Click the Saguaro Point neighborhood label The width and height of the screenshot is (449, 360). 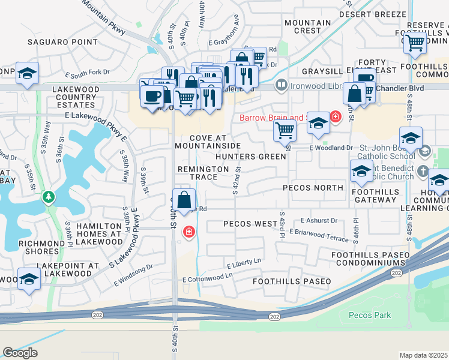click(x=62, y=42)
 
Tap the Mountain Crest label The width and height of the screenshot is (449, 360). click(x=307, y=26)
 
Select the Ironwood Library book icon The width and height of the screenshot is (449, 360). click(x=280, y=86)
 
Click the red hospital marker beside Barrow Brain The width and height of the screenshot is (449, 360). click(x=336, y=116)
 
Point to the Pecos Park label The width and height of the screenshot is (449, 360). click(x=369, y=315)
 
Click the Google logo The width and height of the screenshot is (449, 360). click(x=20, y=353)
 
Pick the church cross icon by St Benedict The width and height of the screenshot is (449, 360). click(x=423, y=171)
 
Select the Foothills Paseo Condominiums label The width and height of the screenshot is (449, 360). click(x=370, y=259)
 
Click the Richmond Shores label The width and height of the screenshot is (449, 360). click(x=41, y=244)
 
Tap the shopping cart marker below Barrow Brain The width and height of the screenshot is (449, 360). click(x=285, y=130)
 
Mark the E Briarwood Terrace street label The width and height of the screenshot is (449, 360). click(x=318, y=235)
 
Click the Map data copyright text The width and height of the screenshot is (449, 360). click(x=424, y=355)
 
